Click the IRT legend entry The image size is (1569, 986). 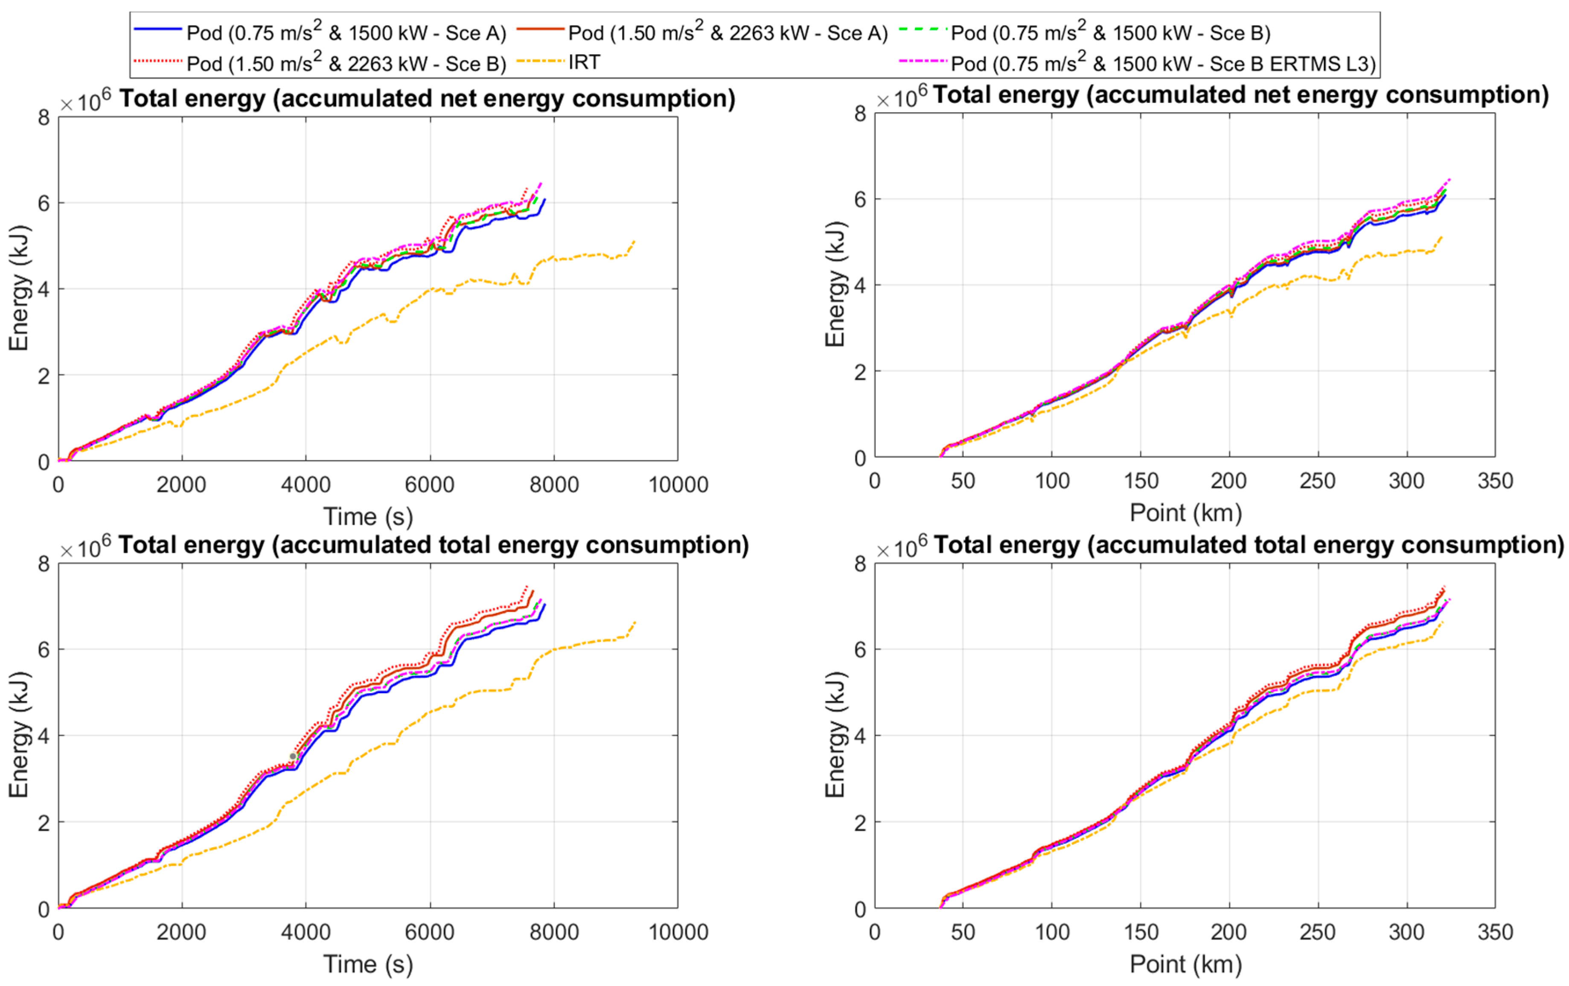point(584,63)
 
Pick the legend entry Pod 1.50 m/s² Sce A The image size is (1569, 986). point(727,32)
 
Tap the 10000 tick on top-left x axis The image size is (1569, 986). point(678,485)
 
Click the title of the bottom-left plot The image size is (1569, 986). point(433,545)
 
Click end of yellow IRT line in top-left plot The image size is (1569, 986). point(634,241)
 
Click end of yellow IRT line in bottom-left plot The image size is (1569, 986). point(635,622)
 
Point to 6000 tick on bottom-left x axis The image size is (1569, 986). point(429,932)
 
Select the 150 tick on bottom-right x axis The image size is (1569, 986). point(1140,932)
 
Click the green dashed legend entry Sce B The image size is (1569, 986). point(1109,32)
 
